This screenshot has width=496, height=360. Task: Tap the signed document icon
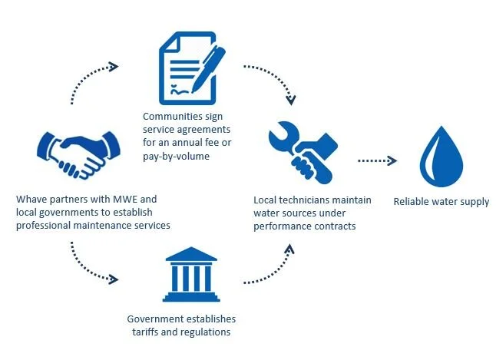pyautogui.click(x=192, y=69)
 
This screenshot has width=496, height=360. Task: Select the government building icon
pyautogui.click(x=190, y=274)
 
